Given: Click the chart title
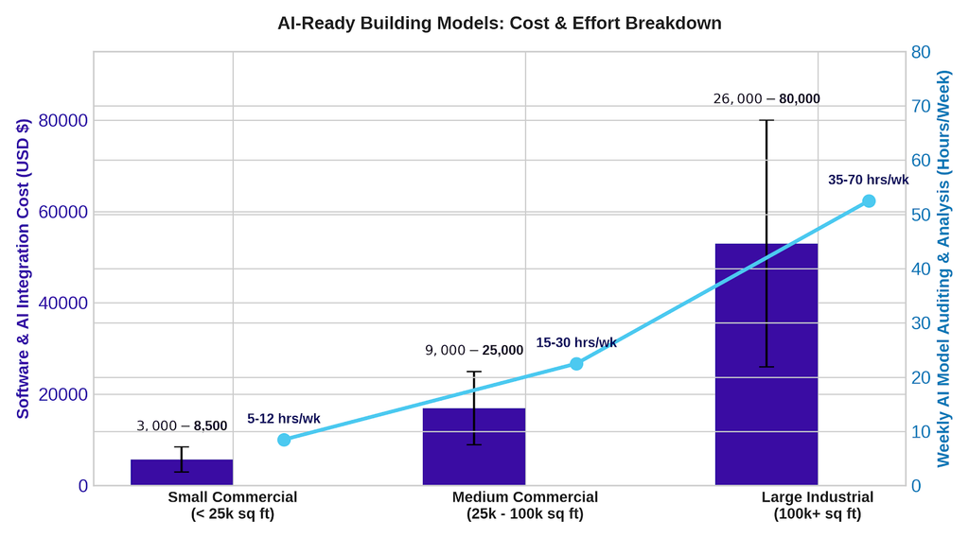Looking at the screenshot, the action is point(500,24).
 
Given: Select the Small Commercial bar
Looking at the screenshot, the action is point(182,473).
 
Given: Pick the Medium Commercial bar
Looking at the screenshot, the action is point(474,446).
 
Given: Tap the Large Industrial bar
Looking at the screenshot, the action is point(766,364).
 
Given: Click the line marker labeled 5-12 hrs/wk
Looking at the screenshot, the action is point(284,440).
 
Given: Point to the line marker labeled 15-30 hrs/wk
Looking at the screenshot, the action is point(576,364).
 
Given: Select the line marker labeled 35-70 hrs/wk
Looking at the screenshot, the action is point(869,201).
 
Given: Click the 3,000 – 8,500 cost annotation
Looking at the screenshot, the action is point(182,426).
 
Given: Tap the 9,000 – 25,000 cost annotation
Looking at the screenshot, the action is point(474,350).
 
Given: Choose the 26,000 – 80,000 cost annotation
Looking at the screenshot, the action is point(766,99).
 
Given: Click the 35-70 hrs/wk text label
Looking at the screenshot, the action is point(869,180).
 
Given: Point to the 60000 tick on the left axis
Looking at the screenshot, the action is point(63,212).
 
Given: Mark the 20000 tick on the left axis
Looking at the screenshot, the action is point(63,394).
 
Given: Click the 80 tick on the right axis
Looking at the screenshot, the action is point(921,52).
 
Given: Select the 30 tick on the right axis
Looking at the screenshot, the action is point(921,323).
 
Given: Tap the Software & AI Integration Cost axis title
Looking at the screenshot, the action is point(23,269).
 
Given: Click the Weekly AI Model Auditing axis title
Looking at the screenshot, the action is point(943,269).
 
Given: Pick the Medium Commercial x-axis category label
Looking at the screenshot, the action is point(525,505).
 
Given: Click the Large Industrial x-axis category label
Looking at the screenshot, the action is point(817,505).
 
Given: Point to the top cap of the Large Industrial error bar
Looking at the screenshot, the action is point(766,120).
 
